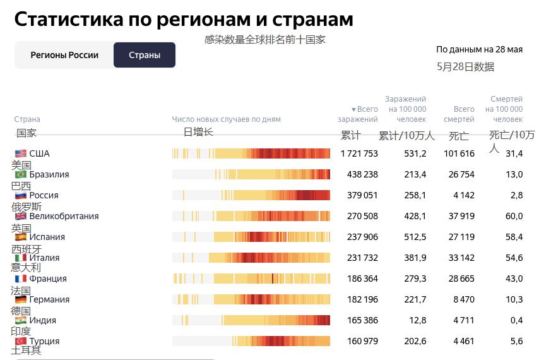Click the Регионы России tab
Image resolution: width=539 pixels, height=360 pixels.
pos(64,55)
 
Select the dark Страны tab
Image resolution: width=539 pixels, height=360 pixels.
pos(145,55)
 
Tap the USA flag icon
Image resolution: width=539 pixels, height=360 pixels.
pos(21,153)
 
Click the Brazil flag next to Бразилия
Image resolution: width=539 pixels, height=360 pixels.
pos(21,174)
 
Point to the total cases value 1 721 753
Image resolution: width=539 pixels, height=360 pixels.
pos(358,153)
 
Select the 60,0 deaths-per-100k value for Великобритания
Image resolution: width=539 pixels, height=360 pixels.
pos(514,216)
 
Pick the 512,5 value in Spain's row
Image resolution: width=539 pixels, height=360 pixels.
pos(415,237)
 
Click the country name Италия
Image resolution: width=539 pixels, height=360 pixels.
pos(44,258)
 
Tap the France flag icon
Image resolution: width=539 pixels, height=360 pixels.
pos(21,279)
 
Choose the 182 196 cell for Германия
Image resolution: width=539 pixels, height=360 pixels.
pos(362,299)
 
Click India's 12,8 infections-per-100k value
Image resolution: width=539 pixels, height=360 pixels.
pos(417,320)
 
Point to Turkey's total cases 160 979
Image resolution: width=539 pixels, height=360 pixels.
pos(362,341)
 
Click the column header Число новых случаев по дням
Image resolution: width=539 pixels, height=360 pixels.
pos(226,119)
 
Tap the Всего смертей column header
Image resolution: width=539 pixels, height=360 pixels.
pos(459,114)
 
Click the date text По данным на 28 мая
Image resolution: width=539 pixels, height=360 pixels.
pos(479,49)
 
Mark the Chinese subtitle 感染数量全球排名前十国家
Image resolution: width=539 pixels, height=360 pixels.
pos(264,39)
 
